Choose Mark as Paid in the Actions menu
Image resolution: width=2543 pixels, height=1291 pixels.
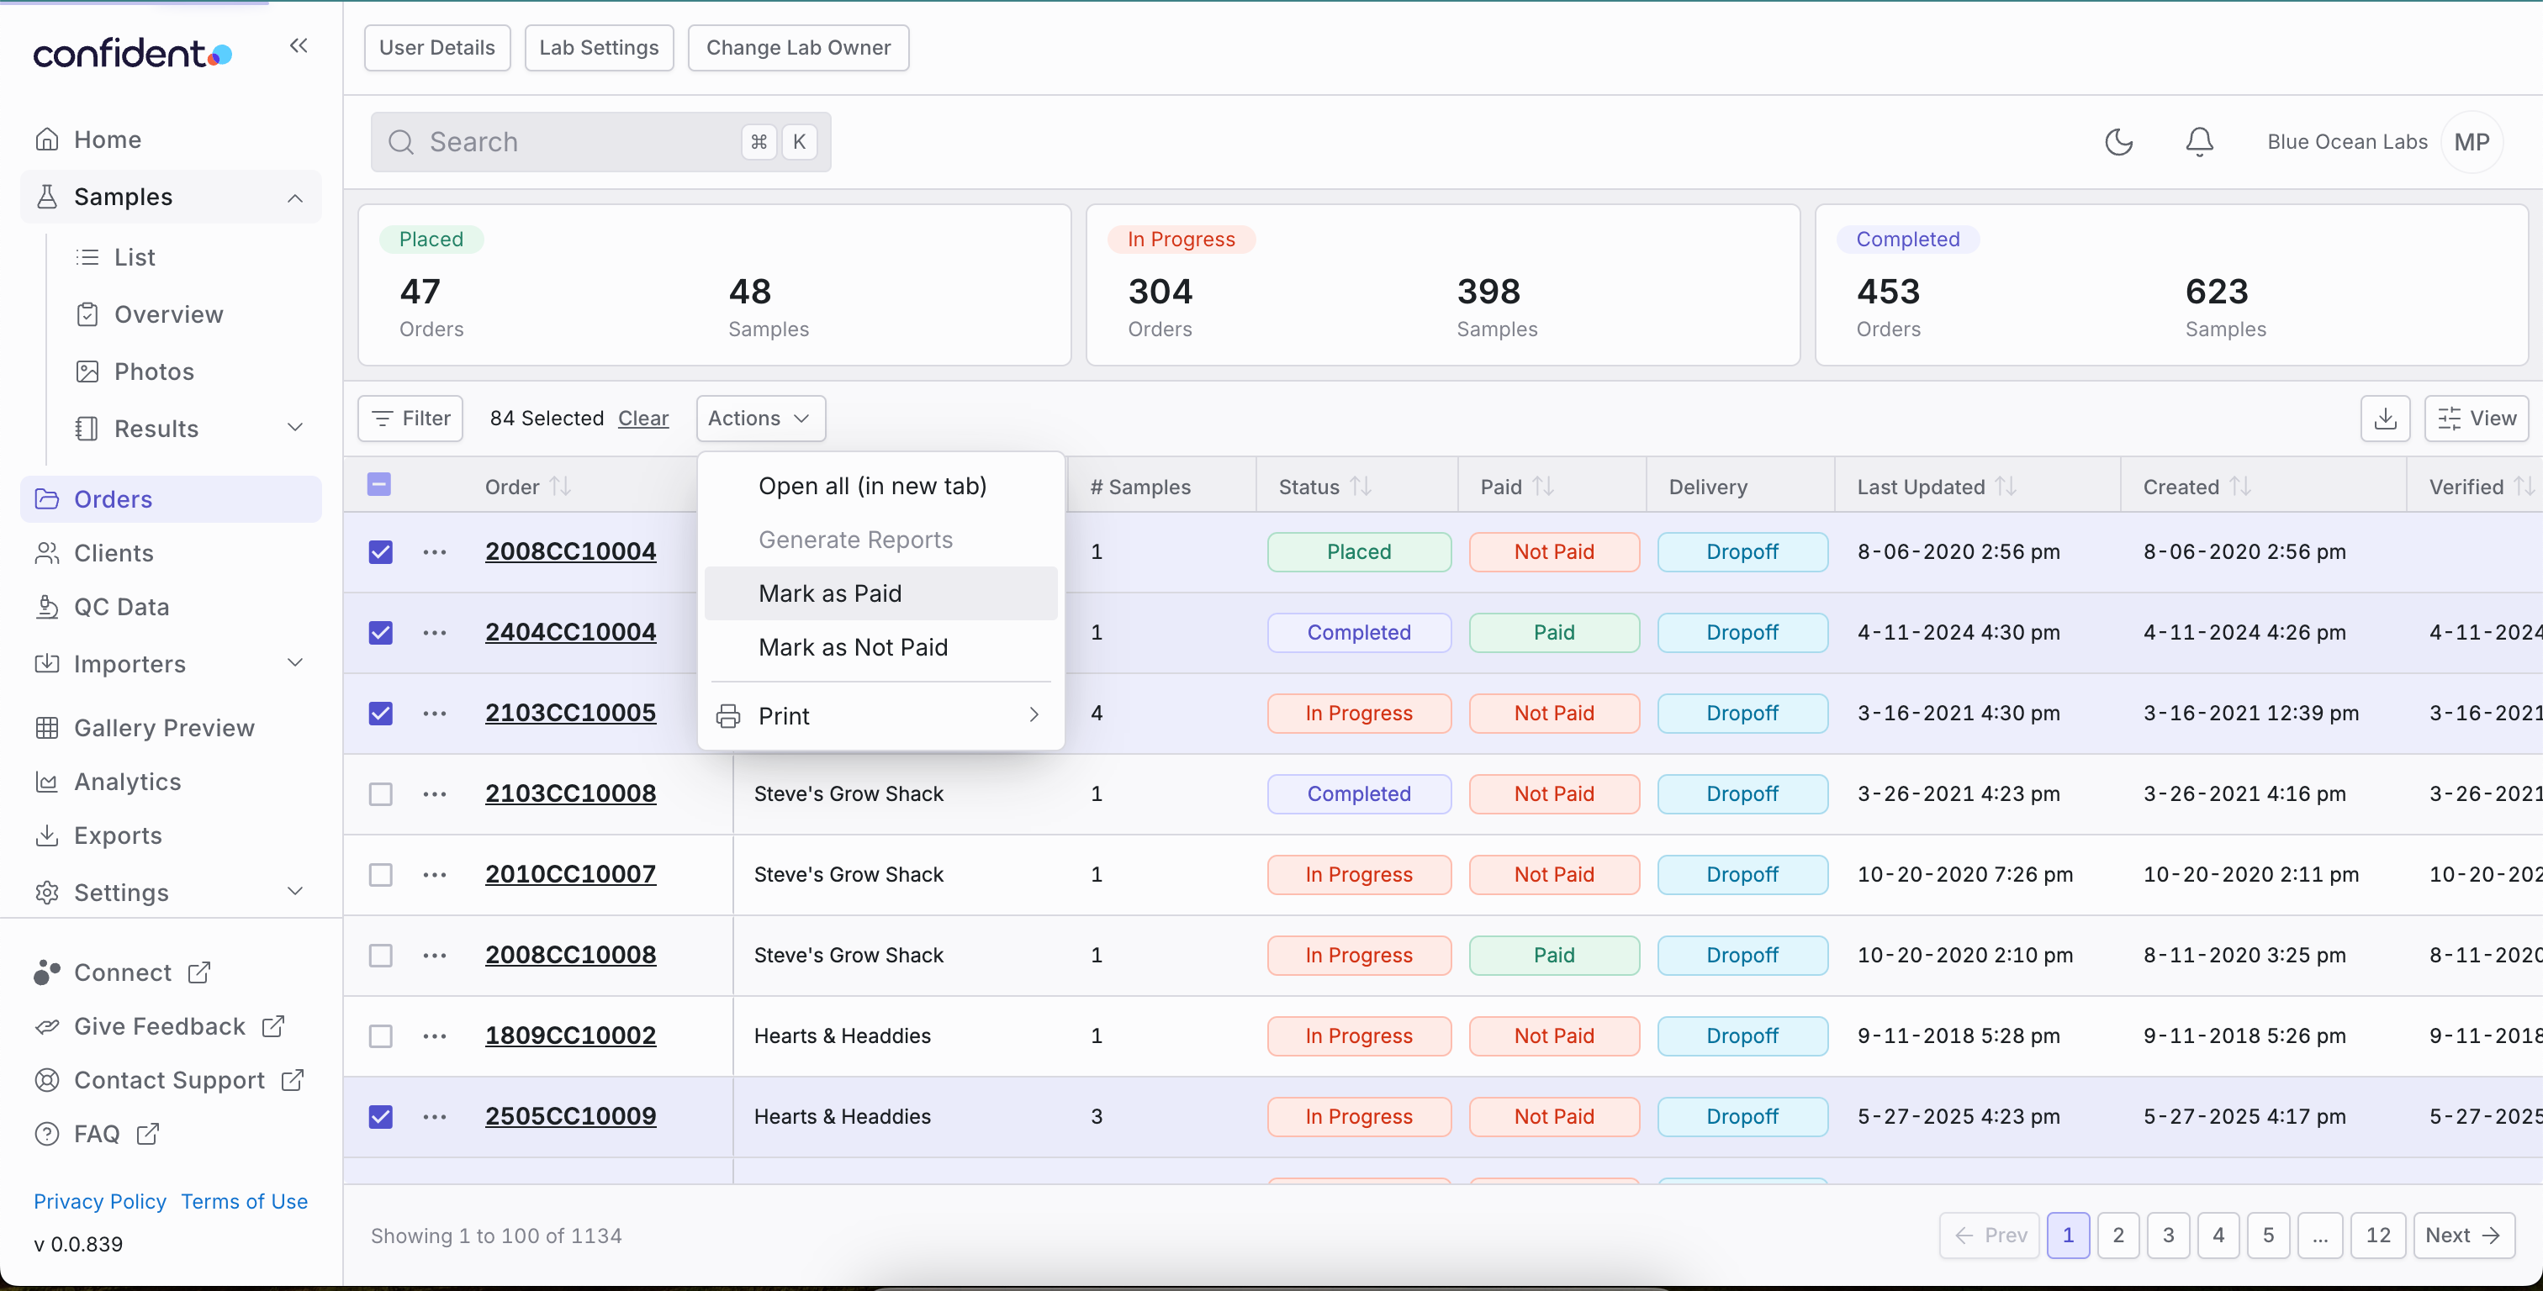829,593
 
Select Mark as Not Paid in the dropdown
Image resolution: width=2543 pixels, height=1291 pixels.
853,647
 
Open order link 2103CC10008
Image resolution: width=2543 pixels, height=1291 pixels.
571,793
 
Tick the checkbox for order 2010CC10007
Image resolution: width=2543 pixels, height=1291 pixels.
380,874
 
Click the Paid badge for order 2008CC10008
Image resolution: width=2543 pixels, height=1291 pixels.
1554,956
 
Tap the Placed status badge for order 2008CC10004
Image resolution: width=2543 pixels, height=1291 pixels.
1359,551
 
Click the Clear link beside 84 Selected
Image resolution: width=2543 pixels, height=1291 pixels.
643,419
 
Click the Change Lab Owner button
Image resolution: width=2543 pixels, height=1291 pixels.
799,47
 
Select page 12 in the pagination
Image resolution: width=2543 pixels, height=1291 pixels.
2378,1235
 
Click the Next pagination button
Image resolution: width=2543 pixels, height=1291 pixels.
2463,1235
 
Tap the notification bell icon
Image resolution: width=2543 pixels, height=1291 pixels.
2199,142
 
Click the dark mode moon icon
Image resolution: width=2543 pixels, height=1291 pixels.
2118,142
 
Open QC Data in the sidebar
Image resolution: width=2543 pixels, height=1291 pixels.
121,607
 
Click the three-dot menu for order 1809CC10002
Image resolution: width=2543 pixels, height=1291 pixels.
435,1036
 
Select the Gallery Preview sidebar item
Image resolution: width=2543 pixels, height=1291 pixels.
164,727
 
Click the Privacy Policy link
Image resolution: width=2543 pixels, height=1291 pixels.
100,1201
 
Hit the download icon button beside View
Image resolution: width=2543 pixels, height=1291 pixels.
2385,419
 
